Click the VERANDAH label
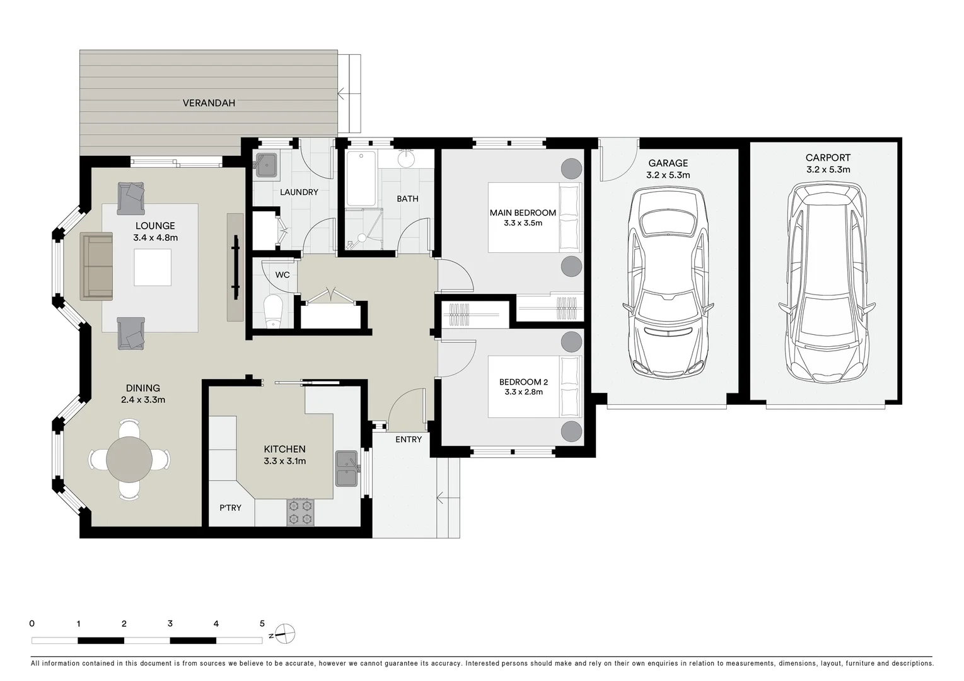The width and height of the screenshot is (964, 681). (x=209, y=103)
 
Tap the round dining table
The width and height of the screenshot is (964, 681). (x=129, y=459)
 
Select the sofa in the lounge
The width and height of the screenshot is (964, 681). (x=96, y=267)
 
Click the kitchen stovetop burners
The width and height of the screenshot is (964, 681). (x=300, y=512)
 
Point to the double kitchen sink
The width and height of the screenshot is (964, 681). (x=346, y=469)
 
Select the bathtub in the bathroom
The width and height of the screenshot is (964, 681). (x=361, y=178)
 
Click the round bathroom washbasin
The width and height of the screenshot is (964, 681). (x=406, y=159)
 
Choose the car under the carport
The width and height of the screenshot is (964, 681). (x=827, y=282)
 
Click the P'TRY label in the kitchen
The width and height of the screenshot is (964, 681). (x=230, y=508)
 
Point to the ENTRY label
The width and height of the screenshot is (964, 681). (x=409, y=439)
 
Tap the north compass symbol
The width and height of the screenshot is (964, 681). (x=284, y=634)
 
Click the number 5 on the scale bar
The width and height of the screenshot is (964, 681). (x=262, y=624)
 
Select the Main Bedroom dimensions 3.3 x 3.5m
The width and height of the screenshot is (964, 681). (x=523, y=223)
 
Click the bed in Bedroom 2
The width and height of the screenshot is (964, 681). (x=535, y=387)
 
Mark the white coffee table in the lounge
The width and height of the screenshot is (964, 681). (x=153, y=267)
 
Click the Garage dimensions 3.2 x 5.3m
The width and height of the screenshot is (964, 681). (x=668, y=175)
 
